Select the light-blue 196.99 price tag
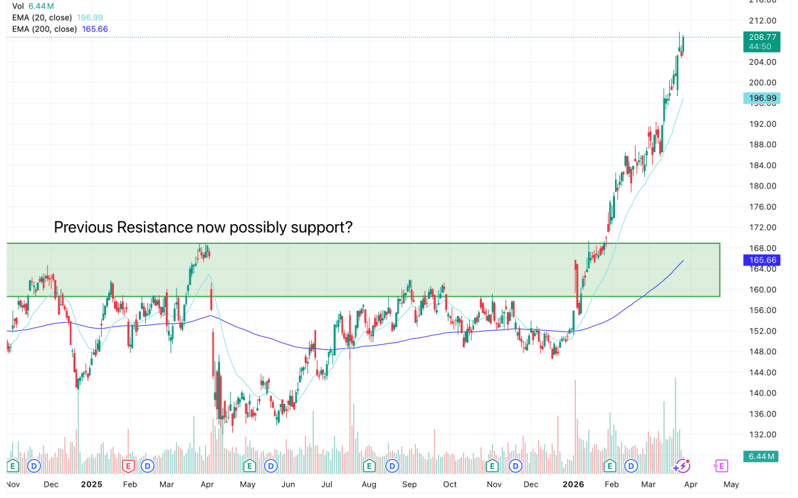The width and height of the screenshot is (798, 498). (x=761, y=98)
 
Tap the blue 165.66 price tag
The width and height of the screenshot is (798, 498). (x=761, y=261)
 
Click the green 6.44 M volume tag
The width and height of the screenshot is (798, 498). (x=761, y=455)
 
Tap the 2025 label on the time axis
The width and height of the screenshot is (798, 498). (x=92, y=484)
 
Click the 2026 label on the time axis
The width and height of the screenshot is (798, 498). (x=573, y=484)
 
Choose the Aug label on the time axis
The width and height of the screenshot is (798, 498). (x=369, y=484)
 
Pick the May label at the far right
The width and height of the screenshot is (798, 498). (x=731, y=484)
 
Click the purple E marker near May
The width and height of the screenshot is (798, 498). (x=721, y=466)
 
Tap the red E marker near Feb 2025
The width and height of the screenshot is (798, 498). (x=129, y=466)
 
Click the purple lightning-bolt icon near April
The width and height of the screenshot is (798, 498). (x=682, y=466)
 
